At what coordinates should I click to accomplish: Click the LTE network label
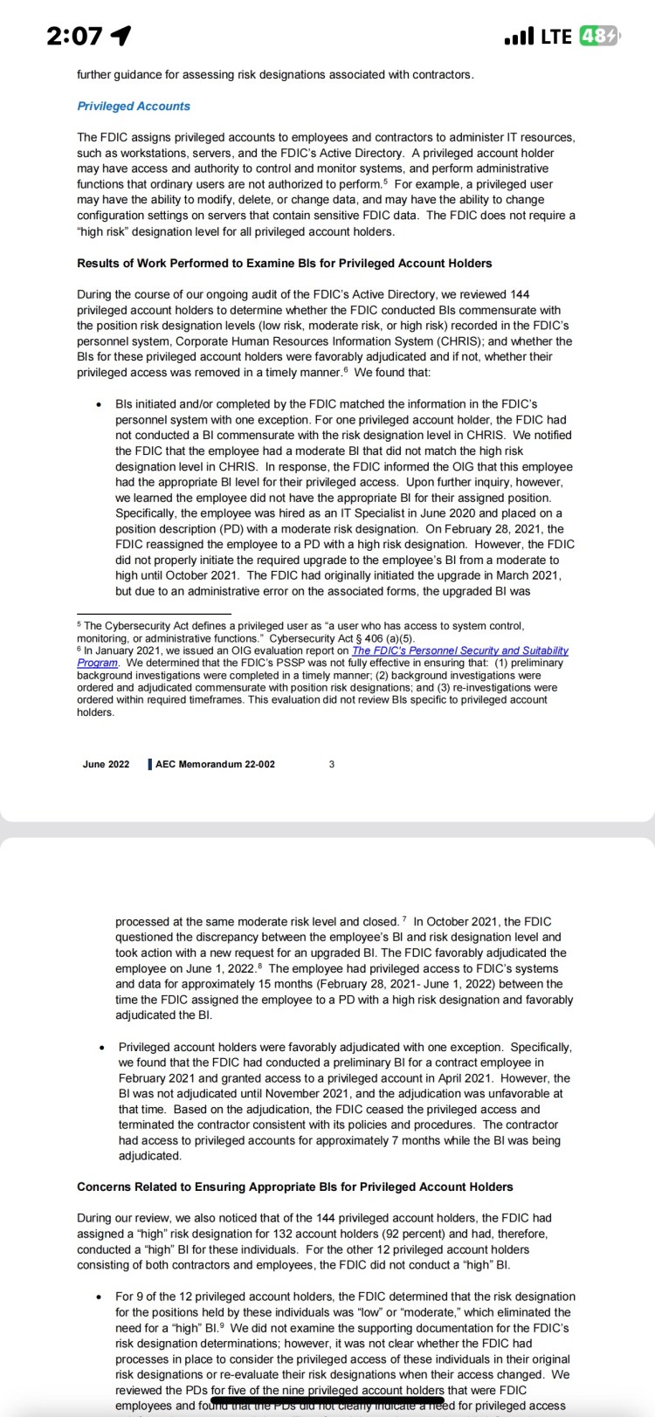click(556, 37)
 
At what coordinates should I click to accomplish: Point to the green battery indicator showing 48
click(601, 37)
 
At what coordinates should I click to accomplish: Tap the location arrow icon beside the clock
click(121, 36)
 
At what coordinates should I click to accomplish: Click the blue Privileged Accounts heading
click(133, 106)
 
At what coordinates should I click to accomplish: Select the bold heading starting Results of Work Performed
click(284, 263)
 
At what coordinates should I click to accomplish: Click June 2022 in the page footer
click(106, 764)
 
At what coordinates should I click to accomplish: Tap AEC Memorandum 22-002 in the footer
click(215, 764)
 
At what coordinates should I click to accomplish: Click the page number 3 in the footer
click(332, 764)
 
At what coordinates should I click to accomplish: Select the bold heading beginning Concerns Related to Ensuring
click(294, 1187)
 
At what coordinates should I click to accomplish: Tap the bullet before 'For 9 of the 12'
click(101, 1297)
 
